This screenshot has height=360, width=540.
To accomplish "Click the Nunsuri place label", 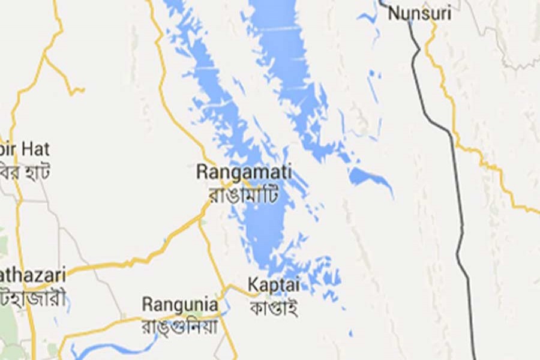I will point(419,13).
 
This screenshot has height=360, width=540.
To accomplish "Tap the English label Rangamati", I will point(244,172).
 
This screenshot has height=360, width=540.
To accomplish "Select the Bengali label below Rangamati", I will point(244,194).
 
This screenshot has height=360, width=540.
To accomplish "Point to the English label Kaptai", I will point(274,284).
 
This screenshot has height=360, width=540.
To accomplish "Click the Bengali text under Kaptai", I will point(274,307).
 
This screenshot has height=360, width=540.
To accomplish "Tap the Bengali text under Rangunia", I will point(179,326).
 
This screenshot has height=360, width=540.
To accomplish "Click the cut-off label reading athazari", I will point(33,275).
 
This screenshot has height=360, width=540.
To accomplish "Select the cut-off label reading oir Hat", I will point(25,149).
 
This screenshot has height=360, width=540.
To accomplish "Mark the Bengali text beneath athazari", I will point(33,298).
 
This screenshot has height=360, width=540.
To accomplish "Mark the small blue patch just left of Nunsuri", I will point(367,17).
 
